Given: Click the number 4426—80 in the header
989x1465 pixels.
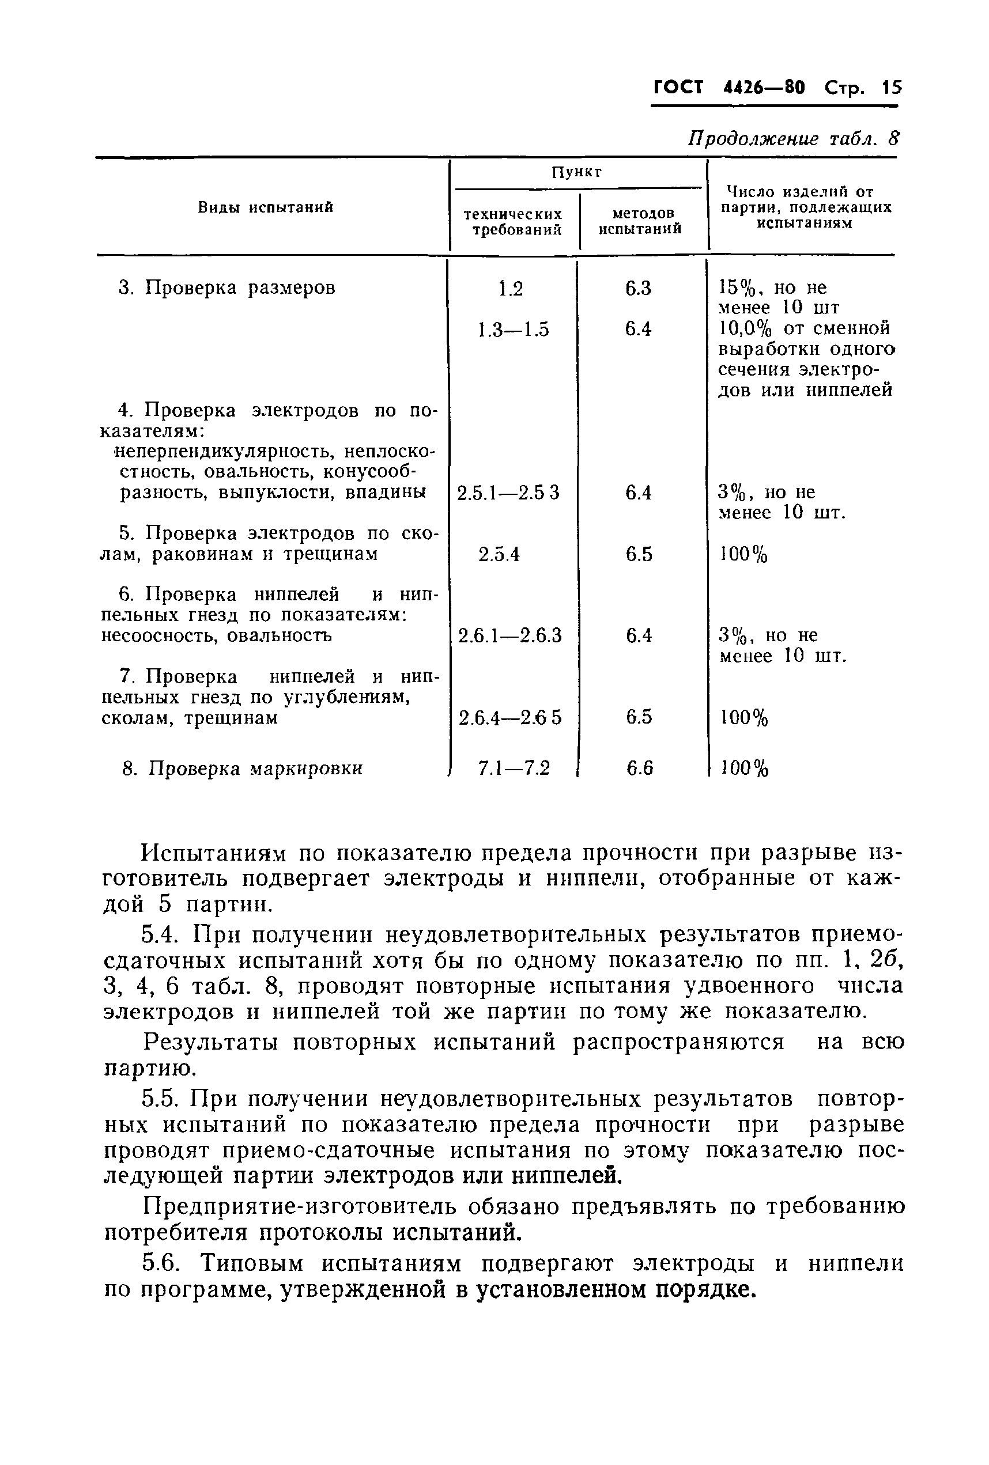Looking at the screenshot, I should tap(764, 87).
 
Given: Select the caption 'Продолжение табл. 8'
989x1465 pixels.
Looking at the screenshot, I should tap(793, 139).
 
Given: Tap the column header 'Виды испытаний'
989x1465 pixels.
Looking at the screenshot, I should tap(266, 207).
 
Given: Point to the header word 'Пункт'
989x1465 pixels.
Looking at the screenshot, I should tap(576, 172).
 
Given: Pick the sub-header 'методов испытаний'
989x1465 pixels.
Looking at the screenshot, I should tap(640, 221).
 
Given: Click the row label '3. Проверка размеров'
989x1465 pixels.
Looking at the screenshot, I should tap(227, 288).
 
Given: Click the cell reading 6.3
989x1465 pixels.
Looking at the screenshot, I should tap(639, 289).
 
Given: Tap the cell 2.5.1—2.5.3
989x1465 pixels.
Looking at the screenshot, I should tap(508, 493).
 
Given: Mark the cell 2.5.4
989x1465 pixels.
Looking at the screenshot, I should tap(499, 554).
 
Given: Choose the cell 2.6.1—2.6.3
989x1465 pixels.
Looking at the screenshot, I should tap(509, 635).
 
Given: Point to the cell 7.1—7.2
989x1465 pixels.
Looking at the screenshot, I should tap(514, 768).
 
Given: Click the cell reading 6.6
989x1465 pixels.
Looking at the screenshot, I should tap(640, 768).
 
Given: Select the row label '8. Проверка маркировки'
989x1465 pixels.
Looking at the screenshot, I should tap(242, 769).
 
